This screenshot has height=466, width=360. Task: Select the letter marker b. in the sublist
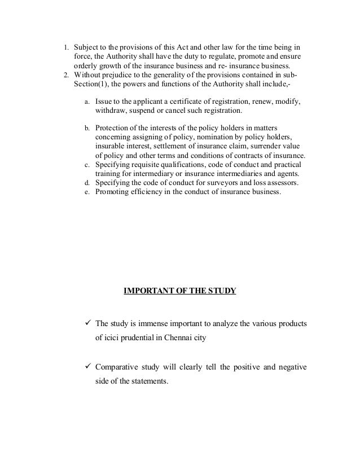86,129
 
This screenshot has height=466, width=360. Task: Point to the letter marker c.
86,165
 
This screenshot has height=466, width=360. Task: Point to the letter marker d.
86,183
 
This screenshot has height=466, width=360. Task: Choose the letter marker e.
86,192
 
